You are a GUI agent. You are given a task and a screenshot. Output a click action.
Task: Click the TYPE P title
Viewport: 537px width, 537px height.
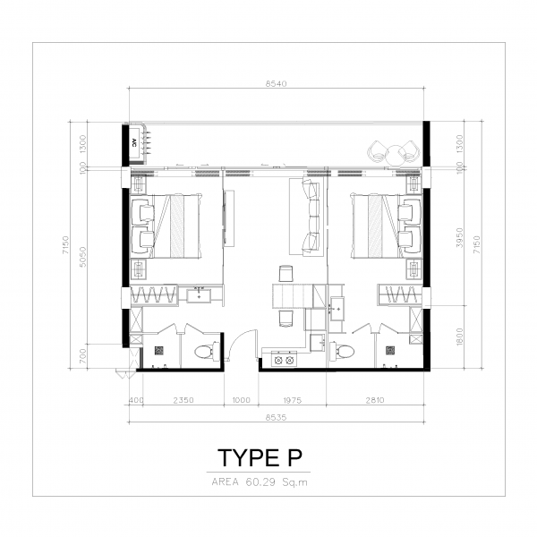coord(260,458)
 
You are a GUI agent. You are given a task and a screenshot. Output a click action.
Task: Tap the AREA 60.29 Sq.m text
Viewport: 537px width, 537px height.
coord(260,482)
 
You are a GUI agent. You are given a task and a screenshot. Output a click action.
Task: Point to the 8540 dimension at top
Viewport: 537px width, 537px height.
coord(276,83)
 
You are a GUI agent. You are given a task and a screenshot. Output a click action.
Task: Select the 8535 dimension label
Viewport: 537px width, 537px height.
coord(276,417)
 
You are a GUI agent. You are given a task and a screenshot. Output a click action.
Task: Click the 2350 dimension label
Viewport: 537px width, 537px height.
coord(183,400)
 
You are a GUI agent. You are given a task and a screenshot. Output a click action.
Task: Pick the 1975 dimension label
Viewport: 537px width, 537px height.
coord(292,400)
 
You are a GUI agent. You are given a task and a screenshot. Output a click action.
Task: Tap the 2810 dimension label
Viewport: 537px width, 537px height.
coord(375,400)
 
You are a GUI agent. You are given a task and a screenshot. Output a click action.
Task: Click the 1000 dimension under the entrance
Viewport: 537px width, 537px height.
coord(241,400)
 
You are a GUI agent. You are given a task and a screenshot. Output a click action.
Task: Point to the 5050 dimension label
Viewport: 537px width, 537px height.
coord(82,257)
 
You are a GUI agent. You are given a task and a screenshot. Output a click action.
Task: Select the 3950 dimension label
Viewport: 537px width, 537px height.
coord(460,238)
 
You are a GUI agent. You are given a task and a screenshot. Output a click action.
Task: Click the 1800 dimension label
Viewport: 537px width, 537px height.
coord(460,337)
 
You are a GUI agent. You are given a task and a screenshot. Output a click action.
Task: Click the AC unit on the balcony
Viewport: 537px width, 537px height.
coord(135,143)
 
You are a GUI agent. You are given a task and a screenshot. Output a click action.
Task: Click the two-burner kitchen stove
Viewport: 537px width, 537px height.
coord(285,359)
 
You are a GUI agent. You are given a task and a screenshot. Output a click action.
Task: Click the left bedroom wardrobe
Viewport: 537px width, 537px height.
coord(154,294)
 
